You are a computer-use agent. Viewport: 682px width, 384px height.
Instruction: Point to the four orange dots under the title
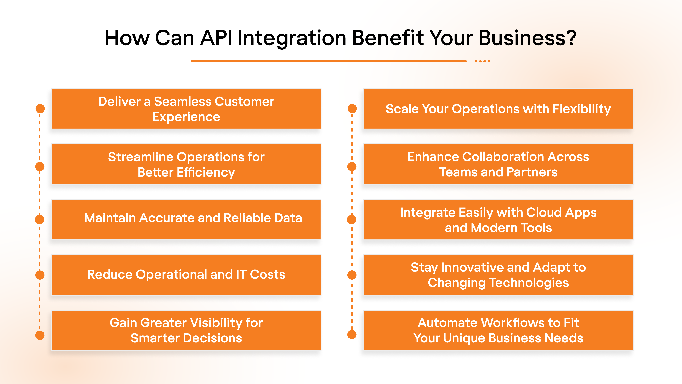point(482,61)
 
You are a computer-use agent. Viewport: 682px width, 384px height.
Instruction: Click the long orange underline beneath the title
point(328,61)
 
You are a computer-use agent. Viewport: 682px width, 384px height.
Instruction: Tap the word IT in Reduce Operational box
point(241,274)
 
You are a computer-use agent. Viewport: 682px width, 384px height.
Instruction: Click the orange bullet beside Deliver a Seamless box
point(40,108)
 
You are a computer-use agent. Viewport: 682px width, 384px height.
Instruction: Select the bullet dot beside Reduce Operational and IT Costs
point(40,275)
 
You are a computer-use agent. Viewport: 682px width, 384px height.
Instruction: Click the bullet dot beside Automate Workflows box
point(352,334)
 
